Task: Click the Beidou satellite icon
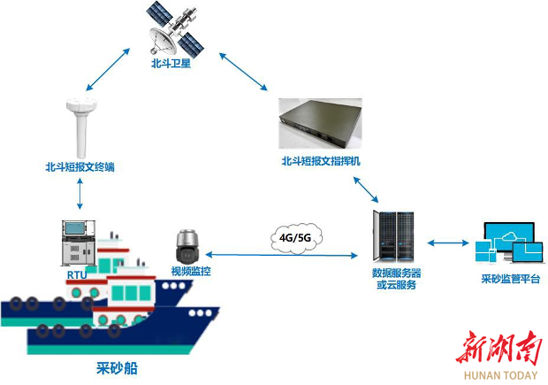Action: pos(175,29)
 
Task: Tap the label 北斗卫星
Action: pos(171,64)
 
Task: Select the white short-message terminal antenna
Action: pos(81,128)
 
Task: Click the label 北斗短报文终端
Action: pos(80,167)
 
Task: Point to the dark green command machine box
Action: pos(320,124)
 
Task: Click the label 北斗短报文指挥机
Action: pos(321,161)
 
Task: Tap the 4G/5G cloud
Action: pos(296,238)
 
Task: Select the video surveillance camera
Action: pos(188,246)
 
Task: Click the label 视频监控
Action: pos(191,271)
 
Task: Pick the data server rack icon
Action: pos(393,236)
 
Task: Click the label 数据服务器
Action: pos(396,273)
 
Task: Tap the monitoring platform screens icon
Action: pos(509,243)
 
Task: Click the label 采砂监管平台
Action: pos(511,279)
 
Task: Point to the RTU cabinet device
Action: pos(79,243)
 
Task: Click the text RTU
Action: pos(77,275)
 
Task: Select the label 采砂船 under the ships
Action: pos(117,368)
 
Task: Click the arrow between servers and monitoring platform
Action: pos(448,243)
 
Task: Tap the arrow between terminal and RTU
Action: pos(80,194)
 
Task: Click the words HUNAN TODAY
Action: pos(500,375)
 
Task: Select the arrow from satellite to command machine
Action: pos(243,72)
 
